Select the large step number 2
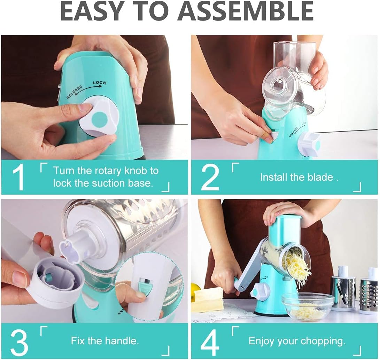[x=210, y=177]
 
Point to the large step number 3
[x=19, y=342]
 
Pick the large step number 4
[x=210, y=342]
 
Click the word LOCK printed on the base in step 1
[x=100, y=83]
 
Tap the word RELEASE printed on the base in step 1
[x=75, y=92]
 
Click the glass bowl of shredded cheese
[x=308, y=306]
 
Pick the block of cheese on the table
[x=208, y=300]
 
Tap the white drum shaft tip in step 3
[x=72, y=250]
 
